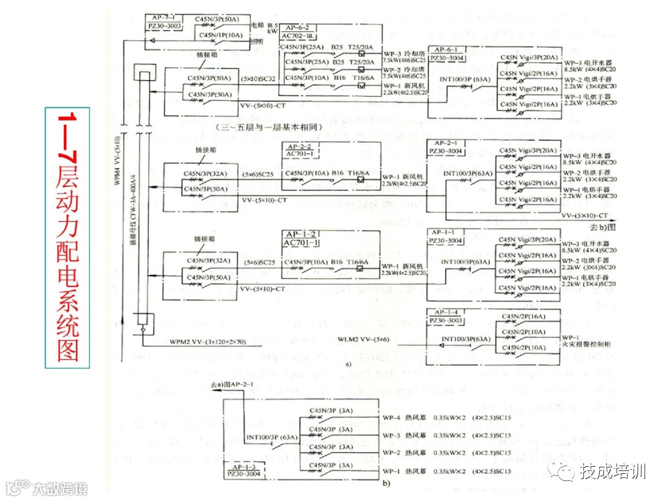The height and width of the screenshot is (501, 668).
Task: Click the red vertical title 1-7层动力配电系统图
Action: (67, 237)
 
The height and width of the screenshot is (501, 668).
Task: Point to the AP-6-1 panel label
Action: (447, 49)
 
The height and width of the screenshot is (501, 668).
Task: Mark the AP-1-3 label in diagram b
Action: (243, 466)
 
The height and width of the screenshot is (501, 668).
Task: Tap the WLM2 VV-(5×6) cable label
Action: (363, 339)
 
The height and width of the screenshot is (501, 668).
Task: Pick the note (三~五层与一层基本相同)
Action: (265, 127)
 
